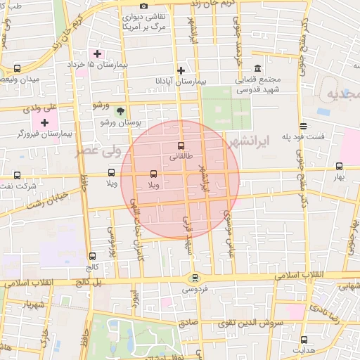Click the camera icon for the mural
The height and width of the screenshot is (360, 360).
click(144, 6)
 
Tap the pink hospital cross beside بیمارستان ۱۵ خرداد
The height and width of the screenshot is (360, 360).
click(97, 53)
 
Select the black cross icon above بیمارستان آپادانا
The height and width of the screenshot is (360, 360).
click(181, 70)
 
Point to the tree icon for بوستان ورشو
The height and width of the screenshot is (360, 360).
click(120, 110)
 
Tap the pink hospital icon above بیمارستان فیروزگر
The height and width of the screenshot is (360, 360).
click(44, 122)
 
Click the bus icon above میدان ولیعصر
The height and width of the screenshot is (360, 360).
click(17, 68)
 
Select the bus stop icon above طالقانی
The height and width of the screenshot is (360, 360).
click(181, 146)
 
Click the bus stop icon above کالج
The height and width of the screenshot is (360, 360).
click(92, 257)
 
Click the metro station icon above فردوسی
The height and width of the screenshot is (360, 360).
click(195, 278)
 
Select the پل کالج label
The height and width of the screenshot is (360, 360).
click(89, 281)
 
